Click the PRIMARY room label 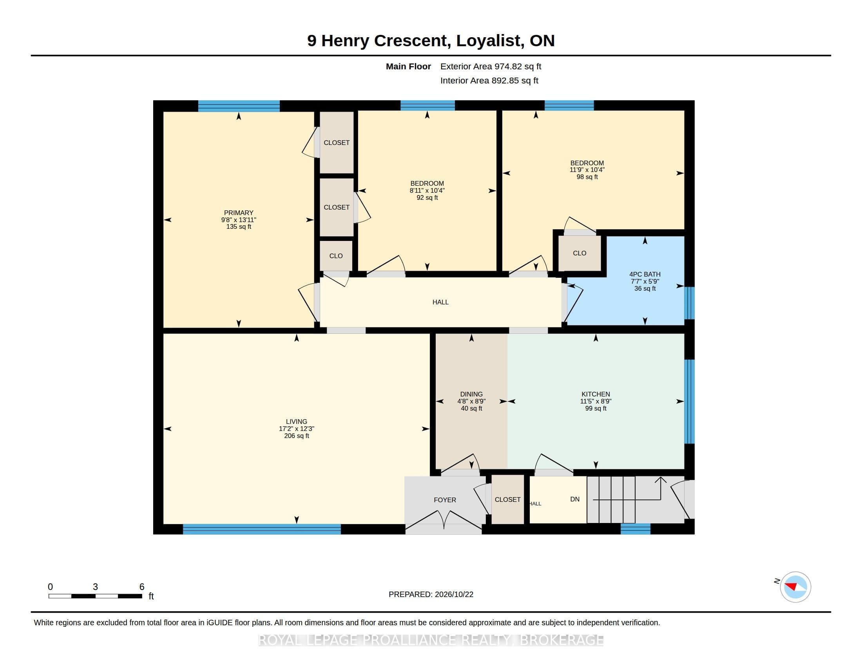point(238,213)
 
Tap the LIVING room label point(297,422)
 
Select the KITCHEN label point(596,394)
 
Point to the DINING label point(471,394)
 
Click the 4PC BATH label point(645,274)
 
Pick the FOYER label point(445,500)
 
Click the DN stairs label point(575,499)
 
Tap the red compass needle point(791,586)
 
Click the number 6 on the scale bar point(142,587)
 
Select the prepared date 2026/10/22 point(454,594)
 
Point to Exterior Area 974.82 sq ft point(491,66)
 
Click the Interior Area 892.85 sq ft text point(489,80)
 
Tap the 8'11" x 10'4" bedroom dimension point(427,190)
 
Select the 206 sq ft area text point(297,436)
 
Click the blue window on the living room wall point(262,529)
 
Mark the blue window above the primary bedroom point(239,106)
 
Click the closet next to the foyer point(507,499)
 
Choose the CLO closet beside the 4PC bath point(579,253)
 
